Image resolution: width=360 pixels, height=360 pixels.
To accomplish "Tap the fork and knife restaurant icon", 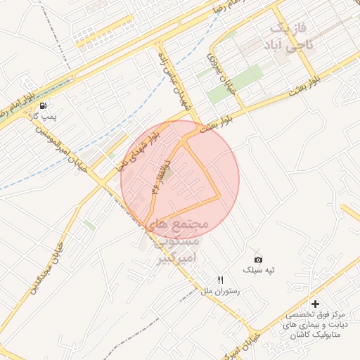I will point(221,281).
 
